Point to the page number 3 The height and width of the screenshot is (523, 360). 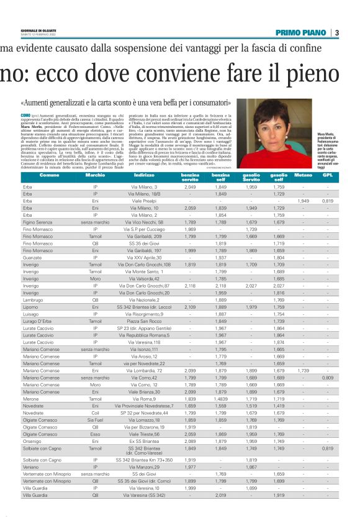pyautogui.click(x=336, y=33)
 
